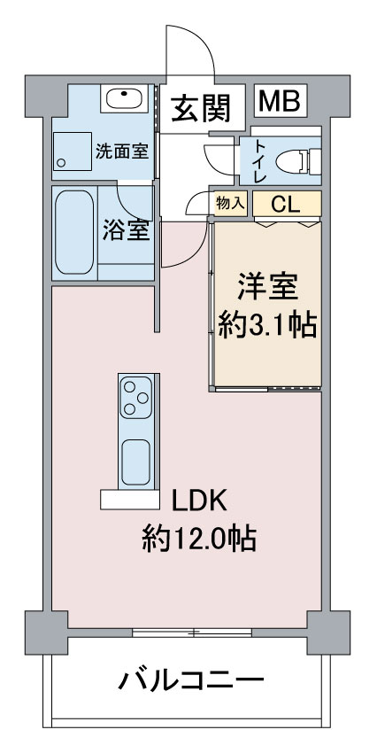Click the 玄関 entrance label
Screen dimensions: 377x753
click(x=202, y=107)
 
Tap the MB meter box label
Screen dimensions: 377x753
click(x=281, y=100)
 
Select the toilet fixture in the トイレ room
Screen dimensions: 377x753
click(x=297, y=161)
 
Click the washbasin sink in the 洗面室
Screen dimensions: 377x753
click(x=124, y=99)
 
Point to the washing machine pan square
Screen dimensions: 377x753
click(x=72, y=151)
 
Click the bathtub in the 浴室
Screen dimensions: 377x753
click(x=74, y=232)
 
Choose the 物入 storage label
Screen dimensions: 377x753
click(x=231, y=203)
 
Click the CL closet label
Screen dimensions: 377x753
click(x=286, y=205)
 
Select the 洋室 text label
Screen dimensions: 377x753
click(x=267, y=287)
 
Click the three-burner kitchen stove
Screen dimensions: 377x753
click(x=136, y=398)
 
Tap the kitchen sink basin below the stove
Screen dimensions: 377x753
click(x=135, y=462)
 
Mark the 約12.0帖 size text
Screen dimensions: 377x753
click(x=198, y=540)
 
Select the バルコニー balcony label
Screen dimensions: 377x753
click(x=191, y=680)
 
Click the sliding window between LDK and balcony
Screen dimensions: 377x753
click(x=192, y=632)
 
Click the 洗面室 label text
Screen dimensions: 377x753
click(x=121, y=152)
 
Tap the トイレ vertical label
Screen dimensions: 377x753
click(x=259, y=161)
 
